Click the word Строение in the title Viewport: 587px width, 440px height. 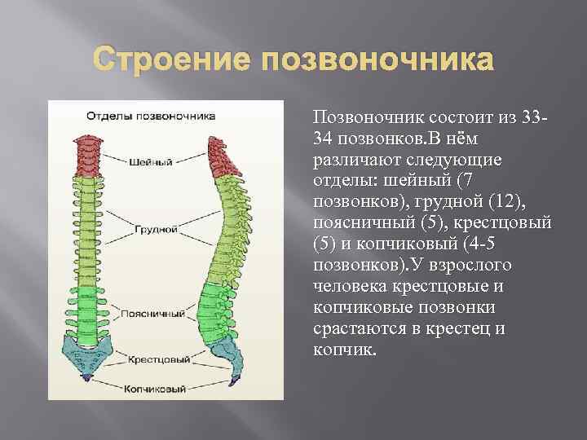pyautogui.click(x=166, y=61)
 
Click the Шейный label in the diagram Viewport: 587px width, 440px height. pyautogui.click(x=150, y=162)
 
